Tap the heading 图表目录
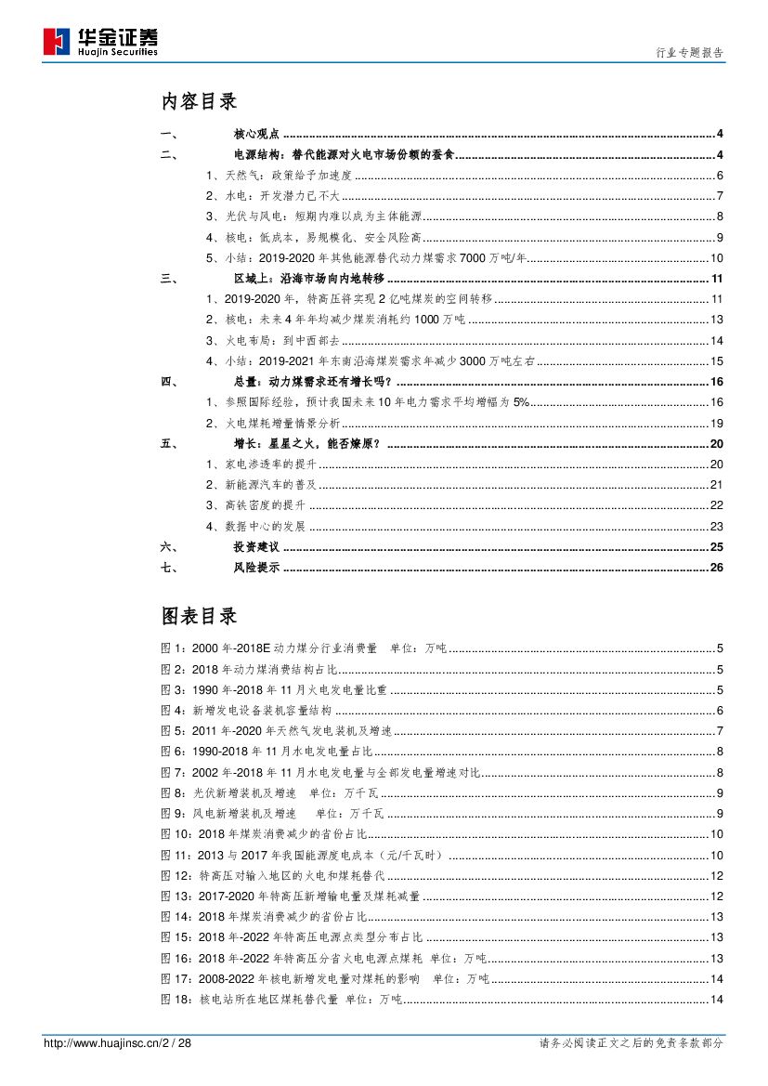pos(199,615)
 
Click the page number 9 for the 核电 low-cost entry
pos(719,236)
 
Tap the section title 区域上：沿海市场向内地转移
pos(307,279)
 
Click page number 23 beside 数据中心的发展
pos(716,527)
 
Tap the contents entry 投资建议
pos(255,547)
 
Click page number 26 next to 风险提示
pos(715,568)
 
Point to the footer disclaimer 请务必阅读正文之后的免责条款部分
pos(631,1043)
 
